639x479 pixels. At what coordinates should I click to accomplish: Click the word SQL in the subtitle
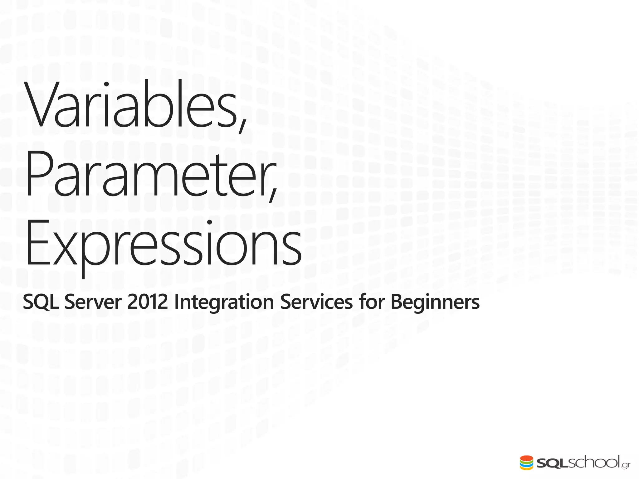(x=41, y=302)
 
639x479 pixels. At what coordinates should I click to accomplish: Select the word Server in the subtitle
(x=93, y=302)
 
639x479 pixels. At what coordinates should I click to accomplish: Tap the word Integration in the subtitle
(x=224, y=302)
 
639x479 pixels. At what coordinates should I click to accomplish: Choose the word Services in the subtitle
(x=316, y=302)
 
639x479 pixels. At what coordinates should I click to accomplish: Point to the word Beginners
(x=435, y=302)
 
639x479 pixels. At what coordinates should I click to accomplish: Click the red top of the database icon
(x=526, y=458)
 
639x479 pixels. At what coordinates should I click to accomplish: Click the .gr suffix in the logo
(x=626, y=466)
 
